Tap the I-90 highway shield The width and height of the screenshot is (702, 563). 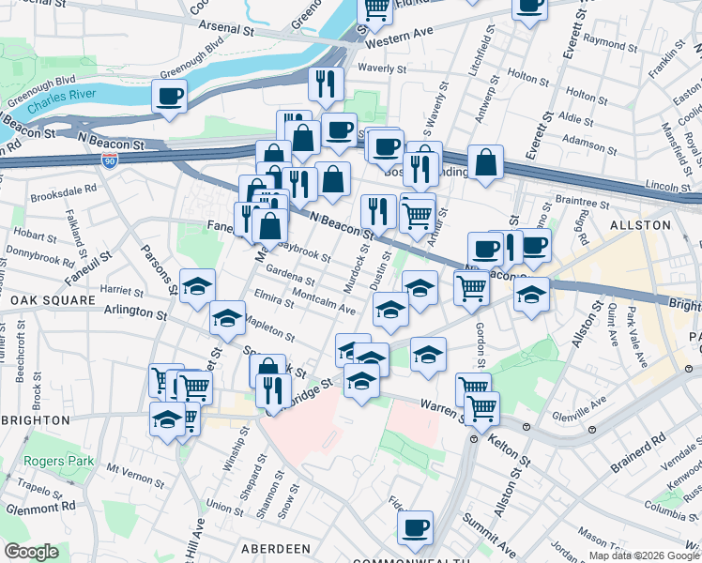coord(110,160)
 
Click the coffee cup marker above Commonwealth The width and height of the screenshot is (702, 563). coord(415,527)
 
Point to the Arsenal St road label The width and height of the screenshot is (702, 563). coord(231,29)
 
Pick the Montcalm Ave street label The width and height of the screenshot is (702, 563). coord(324,300)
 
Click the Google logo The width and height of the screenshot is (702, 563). coord(32,552)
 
